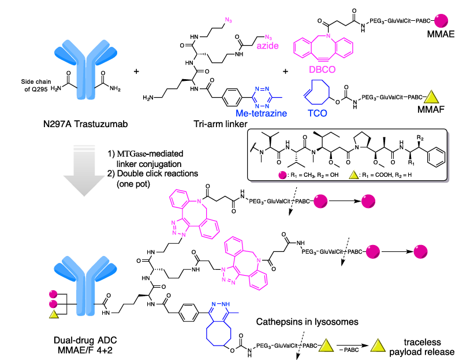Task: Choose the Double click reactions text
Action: click(x=155, y=175)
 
